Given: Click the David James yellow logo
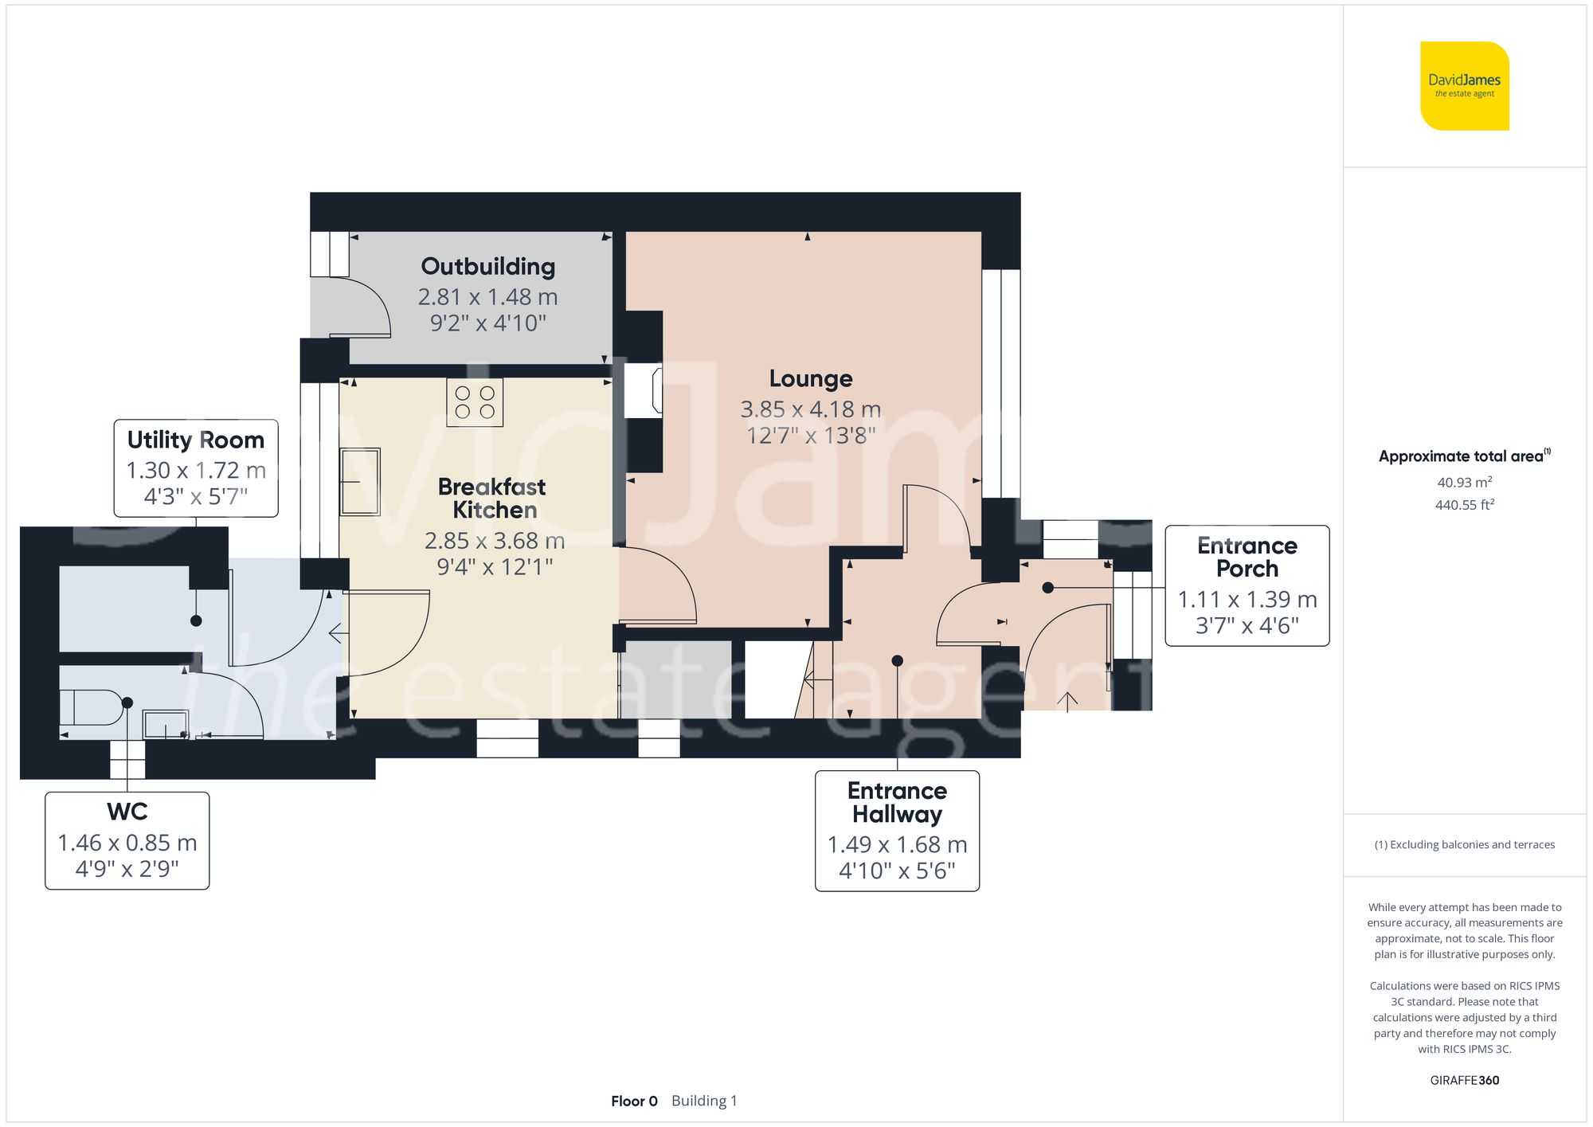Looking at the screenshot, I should click(1464, 86).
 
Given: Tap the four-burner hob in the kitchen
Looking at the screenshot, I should click(475, 402).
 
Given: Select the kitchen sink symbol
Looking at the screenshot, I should click(360, 482).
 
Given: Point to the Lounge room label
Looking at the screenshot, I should click(810, 378).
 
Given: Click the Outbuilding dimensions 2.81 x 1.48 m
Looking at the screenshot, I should click(487, 297).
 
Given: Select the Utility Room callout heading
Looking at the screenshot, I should click(196, 440).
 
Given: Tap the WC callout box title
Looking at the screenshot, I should click(127, 812).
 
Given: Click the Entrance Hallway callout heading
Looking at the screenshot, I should click(897, 802).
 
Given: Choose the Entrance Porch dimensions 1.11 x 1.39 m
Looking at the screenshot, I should click(1247, 599).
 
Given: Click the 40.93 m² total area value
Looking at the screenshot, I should click(1464, 482).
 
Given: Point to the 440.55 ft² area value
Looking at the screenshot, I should click(1464, 505).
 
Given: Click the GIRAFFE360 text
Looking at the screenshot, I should click(1464, 1080).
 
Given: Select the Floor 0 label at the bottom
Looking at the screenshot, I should click(634, 1101).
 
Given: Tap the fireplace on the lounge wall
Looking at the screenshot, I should click(643, 390).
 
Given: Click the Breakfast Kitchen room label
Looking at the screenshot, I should click(492, 498).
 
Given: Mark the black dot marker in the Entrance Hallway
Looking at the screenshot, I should click(897, 660).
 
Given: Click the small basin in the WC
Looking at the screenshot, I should click(165, 724).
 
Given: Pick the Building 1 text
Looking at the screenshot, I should click(704, 1101).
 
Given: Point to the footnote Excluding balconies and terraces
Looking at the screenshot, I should click(1464, 844).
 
